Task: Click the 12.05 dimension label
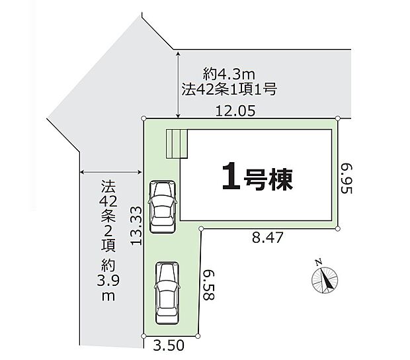tap(235, 111)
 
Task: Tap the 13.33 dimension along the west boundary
tap(136, 226)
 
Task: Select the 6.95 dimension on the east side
tap(347, 179)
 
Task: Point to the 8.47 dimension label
tap(268, 238)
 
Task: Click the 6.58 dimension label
tap(209, 285)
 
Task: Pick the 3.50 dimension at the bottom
tap(169, 345)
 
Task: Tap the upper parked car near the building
tap(162, 206)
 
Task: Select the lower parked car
tap(167, 292)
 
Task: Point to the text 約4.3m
tap(229, 75)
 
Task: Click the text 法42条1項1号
tap(229, 89)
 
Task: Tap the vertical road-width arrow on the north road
tap(178, 85)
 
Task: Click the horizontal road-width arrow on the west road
tap(111, 172)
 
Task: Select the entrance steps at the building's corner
tap(177, 144)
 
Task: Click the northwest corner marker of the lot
tap(143, 118)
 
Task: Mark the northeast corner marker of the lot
tap(337, 118)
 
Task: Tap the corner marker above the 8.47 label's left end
tap(201, 229)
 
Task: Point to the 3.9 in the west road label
tap(108, 281)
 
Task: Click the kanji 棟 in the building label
tap(282, 179)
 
